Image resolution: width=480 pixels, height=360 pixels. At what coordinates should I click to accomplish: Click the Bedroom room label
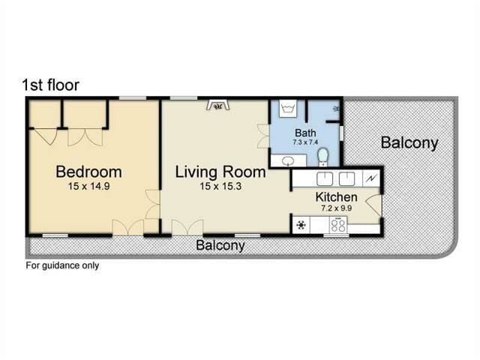pyautogui.click(x=88, y=172)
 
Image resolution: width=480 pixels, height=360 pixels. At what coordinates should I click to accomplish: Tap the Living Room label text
pyautogui.click(x=220, y=172)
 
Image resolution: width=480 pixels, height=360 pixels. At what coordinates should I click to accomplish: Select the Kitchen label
pyautogui.click(x=337, y=196)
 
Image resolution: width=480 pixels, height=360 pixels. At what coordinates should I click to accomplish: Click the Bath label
pyautogui.click(x=305, y=133)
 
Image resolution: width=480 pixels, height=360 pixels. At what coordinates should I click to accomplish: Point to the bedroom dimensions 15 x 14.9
pyautogui.click(x=88, y=186)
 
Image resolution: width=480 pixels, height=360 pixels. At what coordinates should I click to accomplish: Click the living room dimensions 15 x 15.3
pyautogui.click(x=220, y=186)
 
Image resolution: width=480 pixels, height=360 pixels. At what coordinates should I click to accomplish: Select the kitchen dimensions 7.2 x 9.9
pyautogui.click(x=337, y=208)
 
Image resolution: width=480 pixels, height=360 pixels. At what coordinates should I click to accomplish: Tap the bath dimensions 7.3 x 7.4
pyautogui.click(x=305, y=142)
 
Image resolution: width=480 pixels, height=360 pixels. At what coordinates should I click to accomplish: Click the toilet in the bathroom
pyautogui.click(x=323, y=157)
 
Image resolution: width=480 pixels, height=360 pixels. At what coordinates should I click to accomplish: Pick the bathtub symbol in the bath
pyautogui.click(x=288, y=108)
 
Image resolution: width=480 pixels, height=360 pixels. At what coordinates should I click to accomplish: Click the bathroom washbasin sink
pyautogui.click(x=288, y=160)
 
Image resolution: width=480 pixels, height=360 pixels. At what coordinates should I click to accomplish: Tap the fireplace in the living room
pyautogui.click(x=218, y=105)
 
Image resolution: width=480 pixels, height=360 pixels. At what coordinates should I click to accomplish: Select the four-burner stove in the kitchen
pyautogui.click(x=338, y=225)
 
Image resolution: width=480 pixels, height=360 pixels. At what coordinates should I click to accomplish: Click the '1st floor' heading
pyautogui.click(x=51, y=85)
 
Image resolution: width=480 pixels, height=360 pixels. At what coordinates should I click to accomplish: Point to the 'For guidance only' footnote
pyautogui.click(x=62, y=265)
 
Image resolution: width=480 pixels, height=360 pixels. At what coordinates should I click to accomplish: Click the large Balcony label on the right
pyautogui.click(x=409, y=143)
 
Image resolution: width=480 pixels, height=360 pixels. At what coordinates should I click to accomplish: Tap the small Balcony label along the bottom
pyautogui.click(x=220, y=245)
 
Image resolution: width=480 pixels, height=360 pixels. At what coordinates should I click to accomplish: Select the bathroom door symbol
pyautogui.click(x=263, y=136)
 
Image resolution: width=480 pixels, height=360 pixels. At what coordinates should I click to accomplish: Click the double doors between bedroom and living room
pyautogui.click(x=152, y=204)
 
